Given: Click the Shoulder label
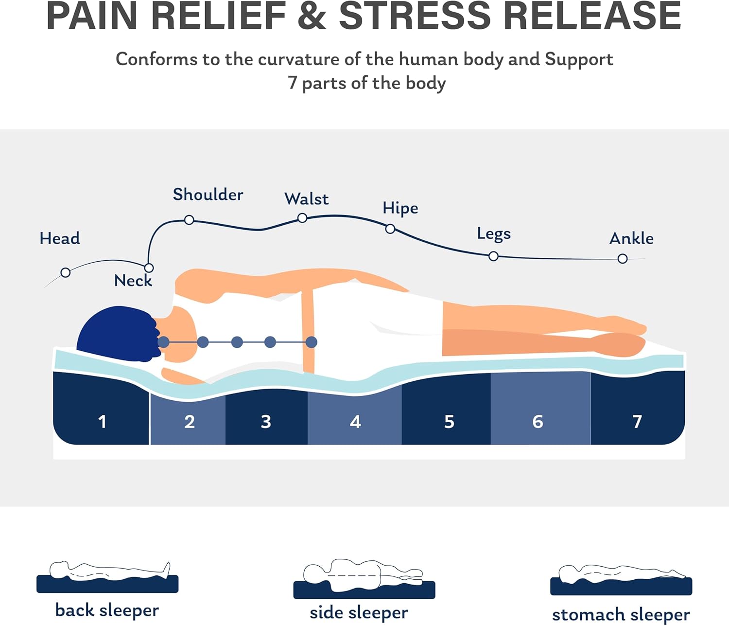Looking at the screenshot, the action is pos(208,195).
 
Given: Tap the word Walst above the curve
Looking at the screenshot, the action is pos(306,199).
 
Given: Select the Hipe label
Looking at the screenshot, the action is pos(400,208).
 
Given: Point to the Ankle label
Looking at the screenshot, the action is pos(631,238).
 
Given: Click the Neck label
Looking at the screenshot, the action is pos(133,281).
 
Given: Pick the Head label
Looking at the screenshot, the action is pos(60,238).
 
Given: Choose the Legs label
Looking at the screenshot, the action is pos(494,233).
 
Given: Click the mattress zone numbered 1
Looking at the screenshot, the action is pos(102,421).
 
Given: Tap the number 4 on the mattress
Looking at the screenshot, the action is pos(355,421).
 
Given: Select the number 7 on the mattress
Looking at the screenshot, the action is pos(637,421).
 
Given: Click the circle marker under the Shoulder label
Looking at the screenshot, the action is pos(189,220).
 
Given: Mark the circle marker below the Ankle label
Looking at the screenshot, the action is pos(623,259).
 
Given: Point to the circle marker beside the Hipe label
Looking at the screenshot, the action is pos(390,229).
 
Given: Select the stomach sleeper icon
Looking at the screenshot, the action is pos(621,580).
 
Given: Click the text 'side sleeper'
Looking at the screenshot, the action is pos(359,612).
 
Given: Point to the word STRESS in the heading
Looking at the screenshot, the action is pos(415,17).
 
